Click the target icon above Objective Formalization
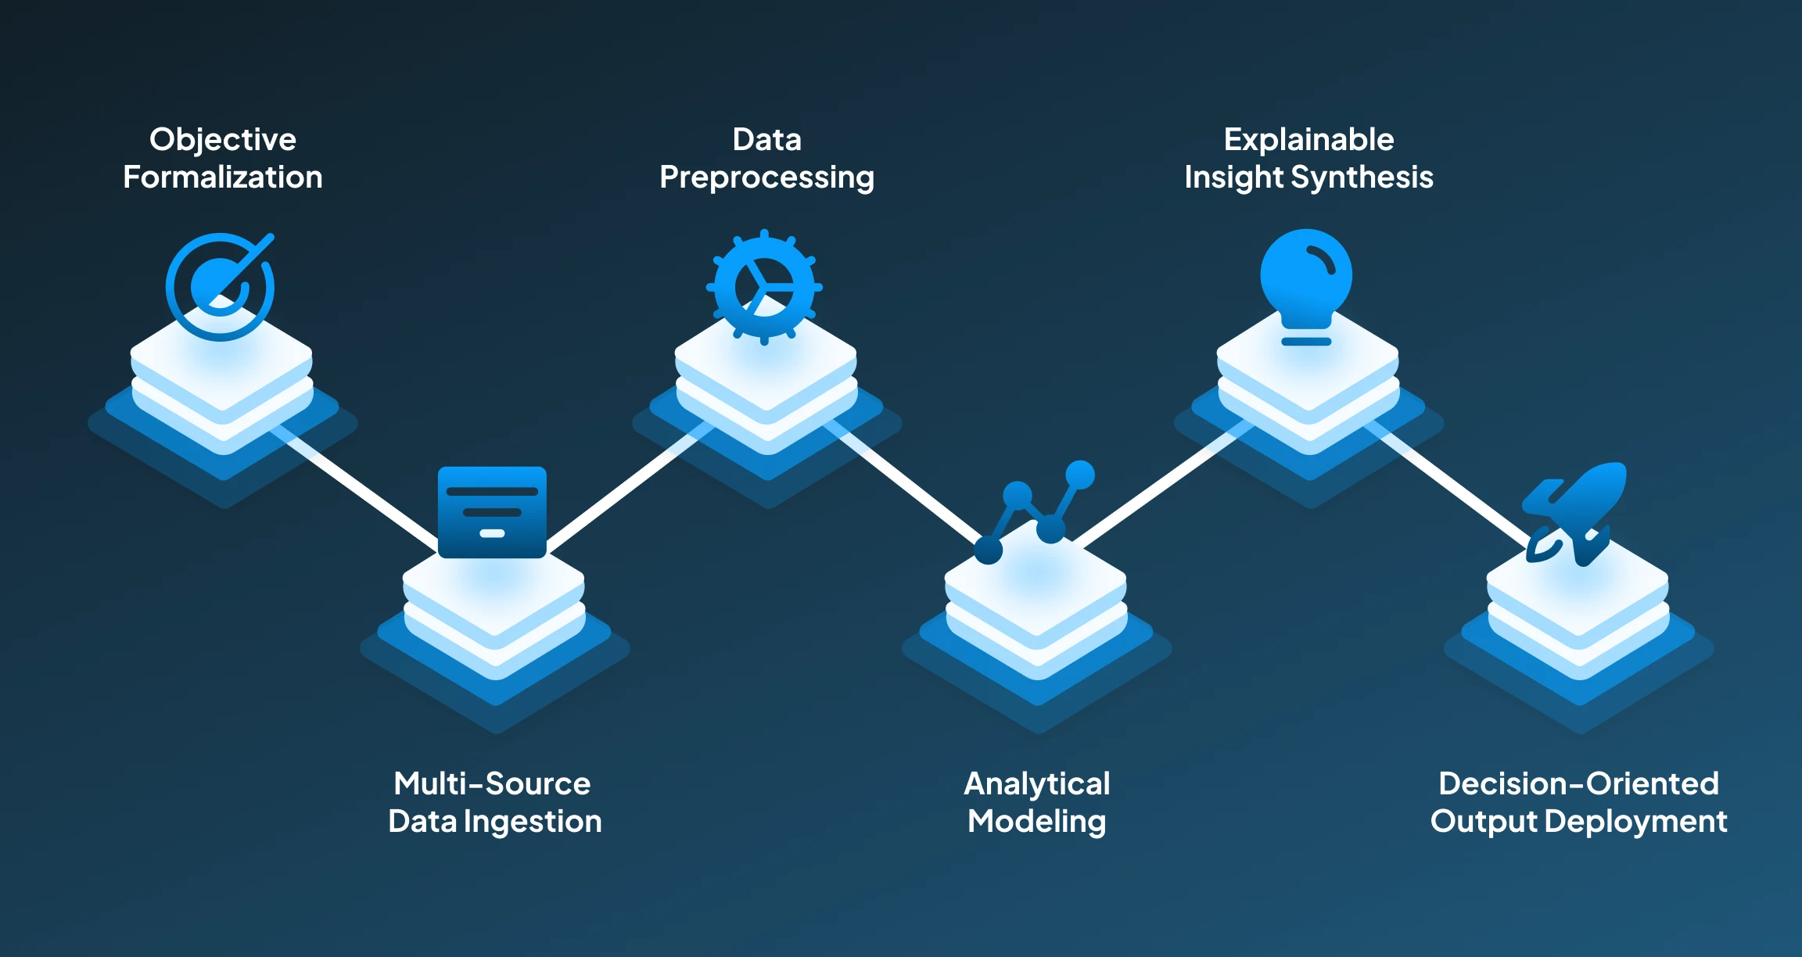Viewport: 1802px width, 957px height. (220, 287)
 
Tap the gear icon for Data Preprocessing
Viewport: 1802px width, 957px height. (764, 287)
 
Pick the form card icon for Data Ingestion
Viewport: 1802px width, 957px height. (492, 512)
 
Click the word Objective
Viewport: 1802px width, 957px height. (223, 140)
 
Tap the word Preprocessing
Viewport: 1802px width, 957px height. (766, 177)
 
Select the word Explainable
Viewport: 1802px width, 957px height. (1308, 140)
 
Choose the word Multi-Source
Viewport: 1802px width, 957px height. (492, 783)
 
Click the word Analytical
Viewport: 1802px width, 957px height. (1036, 783)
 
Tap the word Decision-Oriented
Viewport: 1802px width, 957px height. (1578, 783)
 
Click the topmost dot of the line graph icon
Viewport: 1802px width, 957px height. (1080, 474)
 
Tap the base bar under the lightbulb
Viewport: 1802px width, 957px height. (1306, 342)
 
